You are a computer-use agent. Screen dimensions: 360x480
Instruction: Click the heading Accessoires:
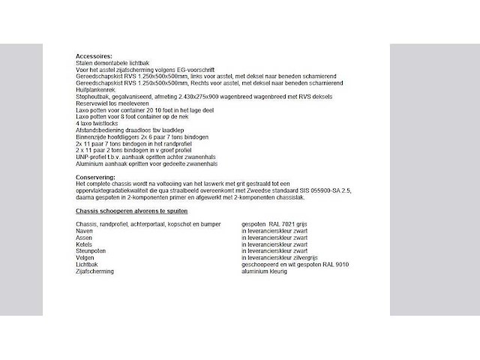94,55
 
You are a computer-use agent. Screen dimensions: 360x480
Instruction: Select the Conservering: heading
96,177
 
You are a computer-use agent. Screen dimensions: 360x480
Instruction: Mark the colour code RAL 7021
282,224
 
